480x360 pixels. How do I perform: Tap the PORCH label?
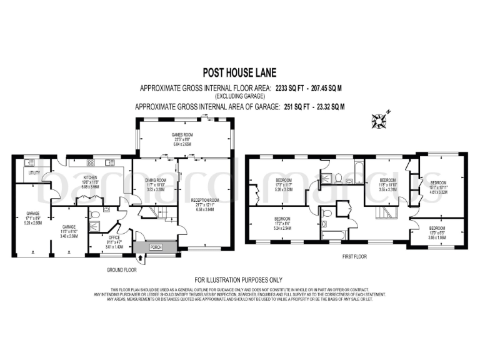click(156, 246)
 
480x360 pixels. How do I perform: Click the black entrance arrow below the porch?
click(139, 257)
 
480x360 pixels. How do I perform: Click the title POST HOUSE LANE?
click(240, 72)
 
